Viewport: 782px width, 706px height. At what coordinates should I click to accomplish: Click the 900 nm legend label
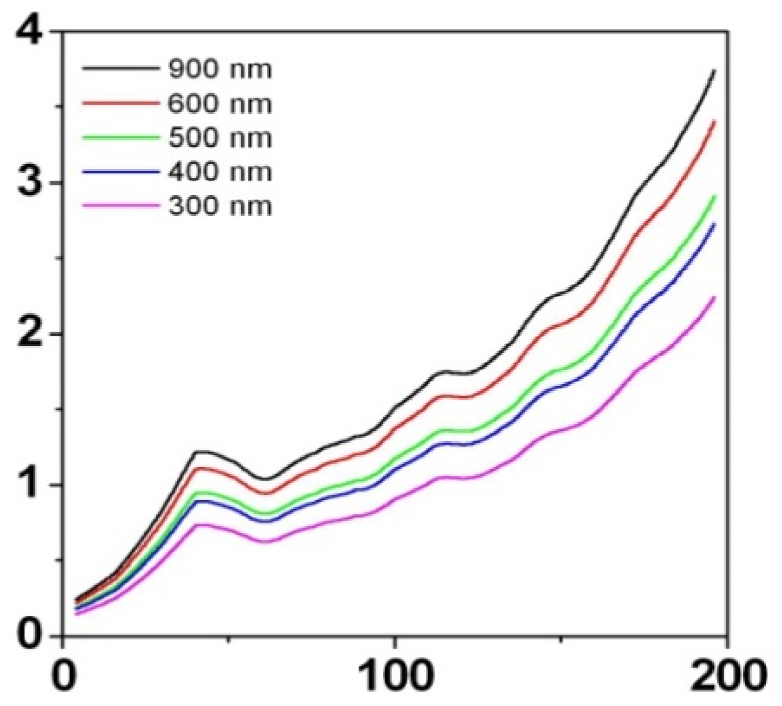(x=219, y=69)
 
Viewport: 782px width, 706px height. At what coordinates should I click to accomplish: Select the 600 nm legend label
(x=219, y=103)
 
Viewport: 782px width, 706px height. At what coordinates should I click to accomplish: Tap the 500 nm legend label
(x=219, y=138)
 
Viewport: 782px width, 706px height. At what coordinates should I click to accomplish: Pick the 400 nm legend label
(x=219, y=172)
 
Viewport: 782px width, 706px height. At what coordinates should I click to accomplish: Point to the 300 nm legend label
(x=219, y=206)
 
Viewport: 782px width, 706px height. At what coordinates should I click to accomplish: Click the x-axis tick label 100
(x=394, y=677)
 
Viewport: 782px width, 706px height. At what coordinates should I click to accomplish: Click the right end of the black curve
(x=715, y=70)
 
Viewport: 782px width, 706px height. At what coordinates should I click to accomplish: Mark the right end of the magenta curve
(x=715, y=297)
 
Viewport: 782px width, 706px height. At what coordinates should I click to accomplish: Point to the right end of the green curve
(x=715, y=197)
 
